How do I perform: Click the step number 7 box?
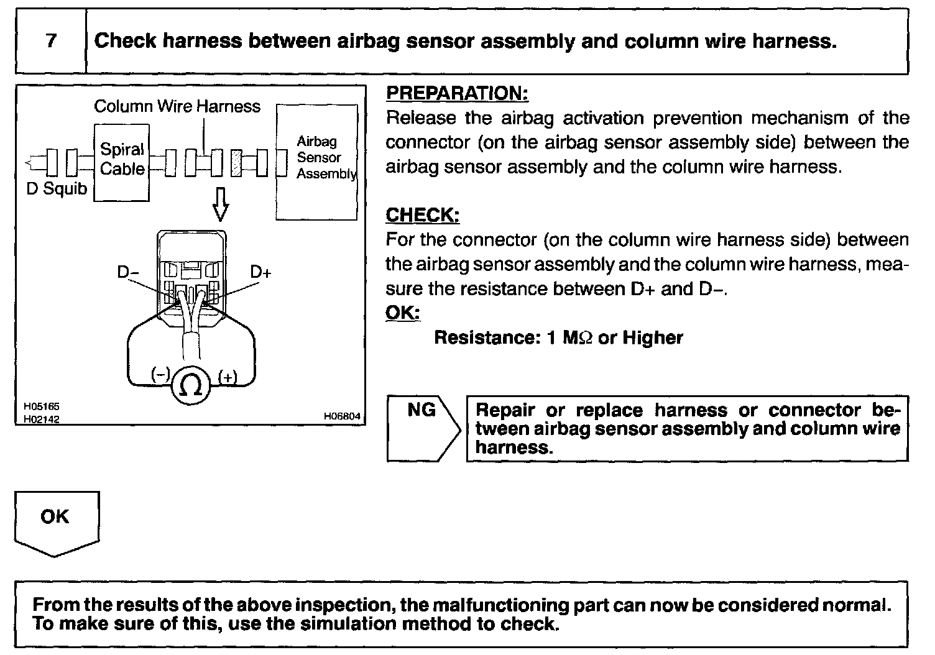point(50,42)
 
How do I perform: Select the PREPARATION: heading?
point(457,93)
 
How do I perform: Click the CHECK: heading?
point(422,215)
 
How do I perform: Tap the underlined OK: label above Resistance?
point(402,313)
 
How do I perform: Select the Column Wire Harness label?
point(177,106)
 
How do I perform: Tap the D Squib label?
point(57,188)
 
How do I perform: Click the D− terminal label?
point(128,272)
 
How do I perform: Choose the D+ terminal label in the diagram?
point(261,272)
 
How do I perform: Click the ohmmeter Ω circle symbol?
point(190,385)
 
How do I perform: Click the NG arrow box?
point(423,428)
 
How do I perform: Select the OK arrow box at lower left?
point(56,521)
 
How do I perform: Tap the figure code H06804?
point(341,417)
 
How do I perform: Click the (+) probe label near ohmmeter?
point(228,376)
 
